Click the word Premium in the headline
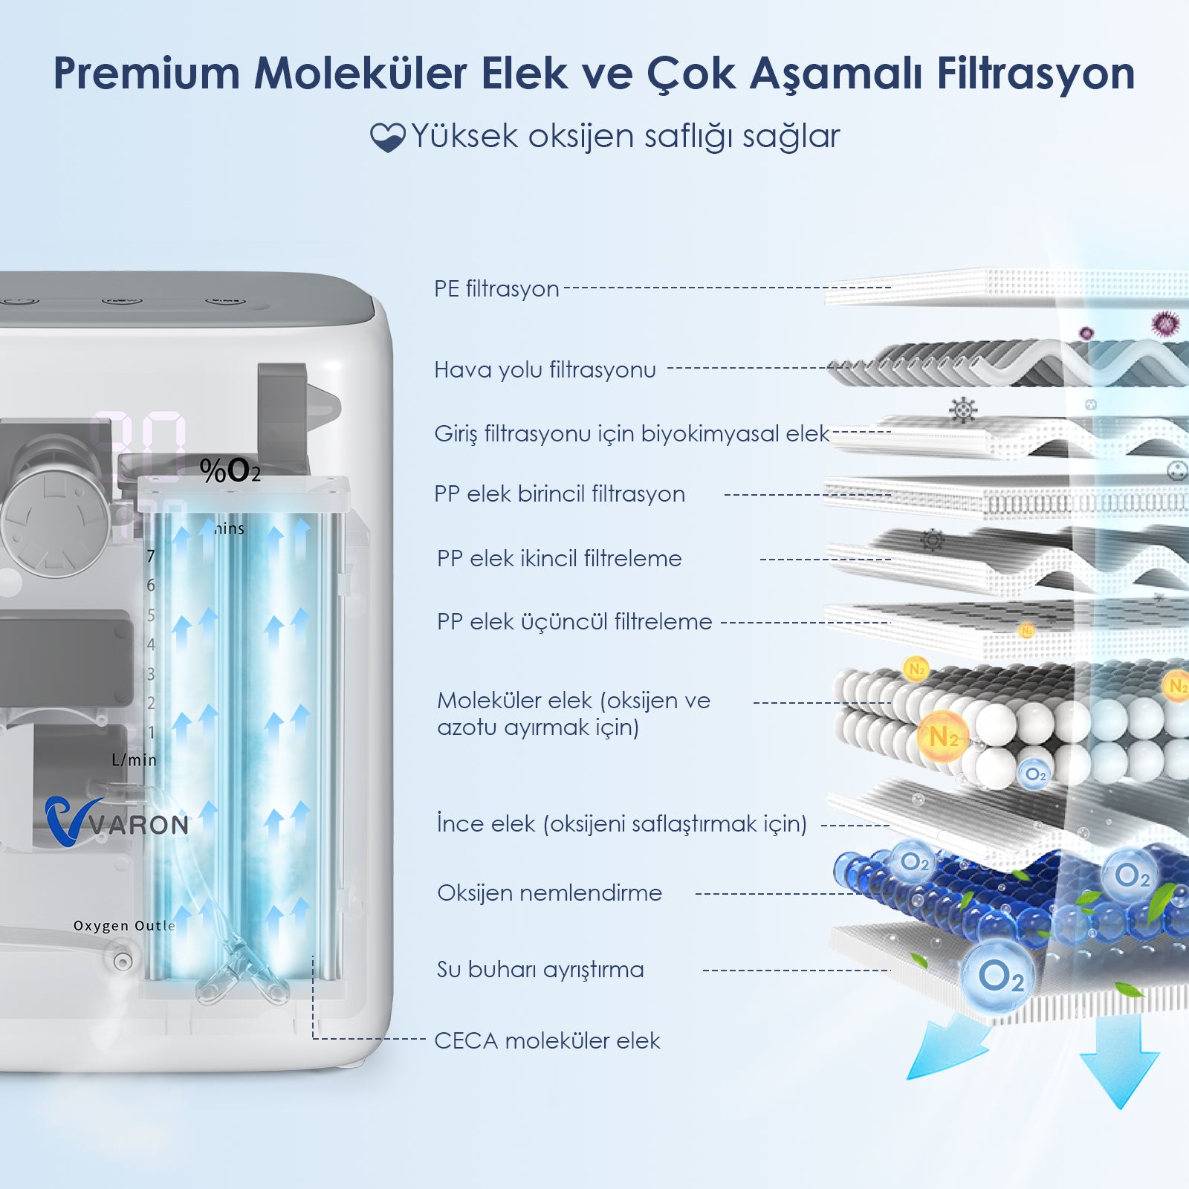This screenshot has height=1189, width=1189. click(x=147, y=73)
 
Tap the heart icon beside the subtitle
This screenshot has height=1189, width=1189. click(x=387, y=137)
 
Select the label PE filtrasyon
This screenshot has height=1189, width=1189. click(x=496, y=288)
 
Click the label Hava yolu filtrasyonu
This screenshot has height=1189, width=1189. click(x=545, y=369)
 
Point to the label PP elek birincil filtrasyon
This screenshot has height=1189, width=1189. click(x=560, y=493)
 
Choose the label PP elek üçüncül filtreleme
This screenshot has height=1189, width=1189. click(x=574, y=621)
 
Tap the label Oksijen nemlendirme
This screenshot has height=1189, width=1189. click(x=549, y=892)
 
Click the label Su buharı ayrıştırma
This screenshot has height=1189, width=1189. click(x=540, y=969)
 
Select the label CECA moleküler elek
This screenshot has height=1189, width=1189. click(x=547, y=1040)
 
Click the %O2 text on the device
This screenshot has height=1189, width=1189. click(x=230, y=470)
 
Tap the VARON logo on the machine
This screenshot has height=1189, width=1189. click(x=117, y=821)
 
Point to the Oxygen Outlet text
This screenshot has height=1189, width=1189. click(x=124, y=925)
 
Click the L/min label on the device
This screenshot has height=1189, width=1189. click(x=134, y=759)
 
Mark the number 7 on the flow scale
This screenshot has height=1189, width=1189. click(x=151, y=556)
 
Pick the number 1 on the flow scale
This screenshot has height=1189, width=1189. click(x=152, y=733)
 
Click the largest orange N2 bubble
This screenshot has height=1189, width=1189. click(x=942, y=736)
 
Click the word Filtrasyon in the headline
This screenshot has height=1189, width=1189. click(x=1036, y=73)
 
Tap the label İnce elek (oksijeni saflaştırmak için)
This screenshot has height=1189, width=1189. click(x=622, y=823)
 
